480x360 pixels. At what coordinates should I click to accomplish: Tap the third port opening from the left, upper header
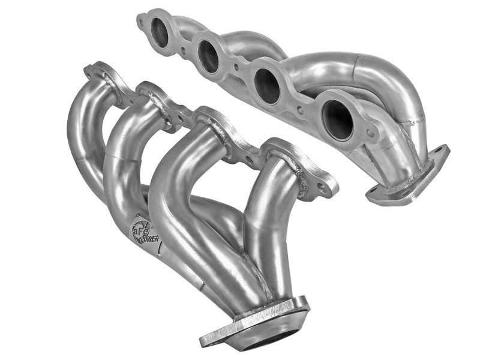coord(267,84)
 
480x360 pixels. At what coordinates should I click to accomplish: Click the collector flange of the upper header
coord(408,177)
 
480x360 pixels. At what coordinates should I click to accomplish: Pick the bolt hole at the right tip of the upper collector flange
coord(440,151)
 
